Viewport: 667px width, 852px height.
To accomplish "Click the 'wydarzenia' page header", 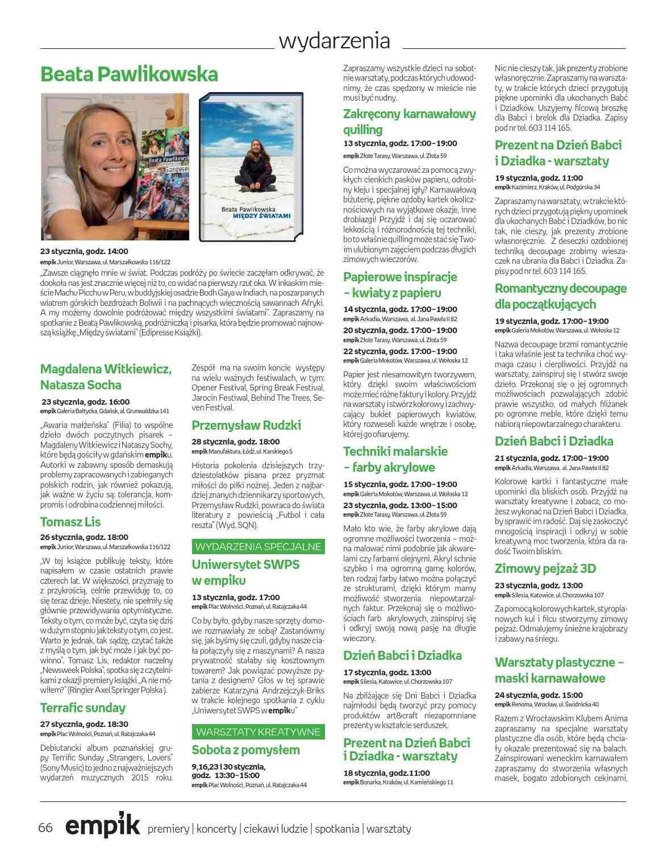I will click(334, 41).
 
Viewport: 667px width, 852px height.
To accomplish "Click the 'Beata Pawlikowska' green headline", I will click(129, 74).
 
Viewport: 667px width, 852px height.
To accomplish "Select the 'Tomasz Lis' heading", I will click(70, 522).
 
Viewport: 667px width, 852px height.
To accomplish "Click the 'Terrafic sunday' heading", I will click(83, 708).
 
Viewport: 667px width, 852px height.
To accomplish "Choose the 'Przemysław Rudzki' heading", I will click(246, 426).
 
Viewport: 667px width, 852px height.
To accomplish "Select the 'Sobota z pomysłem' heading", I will click(245, 750).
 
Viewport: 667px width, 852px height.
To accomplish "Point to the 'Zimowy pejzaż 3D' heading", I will click(545, 569).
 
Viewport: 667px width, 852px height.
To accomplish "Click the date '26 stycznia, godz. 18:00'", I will click(84, 537).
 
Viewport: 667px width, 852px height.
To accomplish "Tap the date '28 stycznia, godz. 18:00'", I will click(235, 442).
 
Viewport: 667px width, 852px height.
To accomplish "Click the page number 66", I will click(45, 828).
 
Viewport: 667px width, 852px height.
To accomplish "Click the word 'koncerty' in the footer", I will click(216, 829).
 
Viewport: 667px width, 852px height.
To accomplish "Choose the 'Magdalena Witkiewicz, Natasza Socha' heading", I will click(106, 377).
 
